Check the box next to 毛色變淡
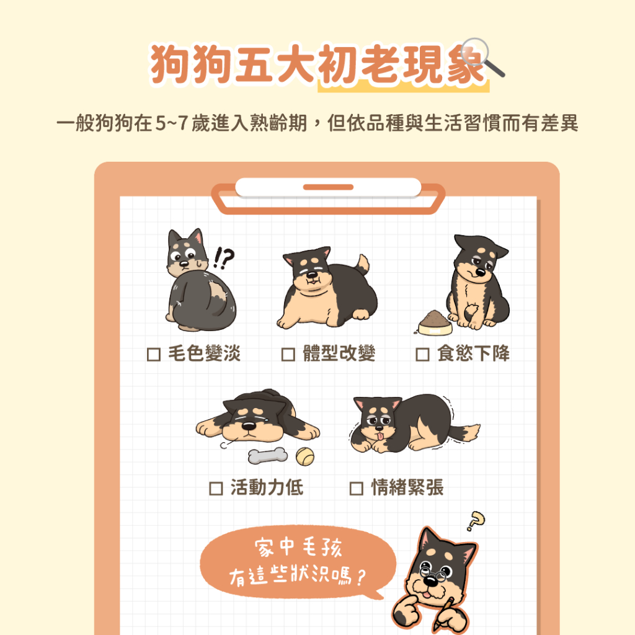coord(153,355)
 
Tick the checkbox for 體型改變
coord(288,355)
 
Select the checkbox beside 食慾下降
coord(422,355)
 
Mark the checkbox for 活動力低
coord(216,488)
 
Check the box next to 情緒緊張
coord(356,488)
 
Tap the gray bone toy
coord(268,456)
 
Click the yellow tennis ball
coord(304,457)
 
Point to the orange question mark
coord(475,520)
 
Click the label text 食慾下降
coord(473,355)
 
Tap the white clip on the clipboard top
coord(328,187)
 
